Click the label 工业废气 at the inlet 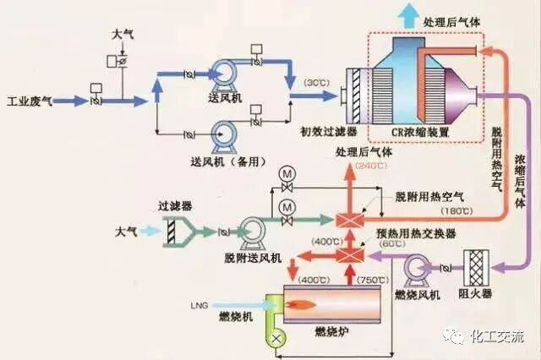(x=30, y=101)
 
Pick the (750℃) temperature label (x=371, y=280)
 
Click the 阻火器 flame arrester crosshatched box (x=474, y=266)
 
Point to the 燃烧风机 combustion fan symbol (x=417, y=269)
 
